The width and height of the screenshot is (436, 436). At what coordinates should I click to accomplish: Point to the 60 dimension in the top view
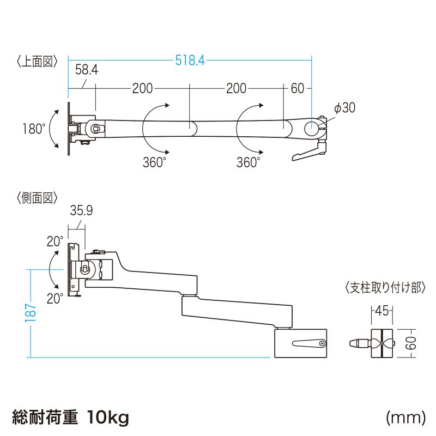[297, 88]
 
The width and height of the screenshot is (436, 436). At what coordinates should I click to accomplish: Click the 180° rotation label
[33, 129]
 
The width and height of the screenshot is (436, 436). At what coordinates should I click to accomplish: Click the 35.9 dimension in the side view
[80, 210]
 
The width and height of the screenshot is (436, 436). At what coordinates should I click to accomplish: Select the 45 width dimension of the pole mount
[382, 311]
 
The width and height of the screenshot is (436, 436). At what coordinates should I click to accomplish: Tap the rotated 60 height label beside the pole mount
[411, 343]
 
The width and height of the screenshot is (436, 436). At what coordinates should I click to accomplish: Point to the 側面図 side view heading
[37, 198]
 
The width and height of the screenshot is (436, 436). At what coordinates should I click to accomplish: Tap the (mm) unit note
[405, 418]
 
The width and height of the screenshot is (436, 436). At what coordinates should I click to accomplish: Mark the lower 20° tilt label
[55, 298]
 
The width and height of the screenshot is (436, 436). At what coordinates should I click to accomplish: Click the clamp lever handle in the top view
[307, 154]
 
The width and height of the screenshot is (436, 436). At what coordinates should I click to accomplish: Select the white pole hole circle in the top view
[312, 129]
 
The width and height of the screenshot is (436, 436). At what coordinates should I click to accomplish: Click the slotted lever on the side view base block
[308, 343]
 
